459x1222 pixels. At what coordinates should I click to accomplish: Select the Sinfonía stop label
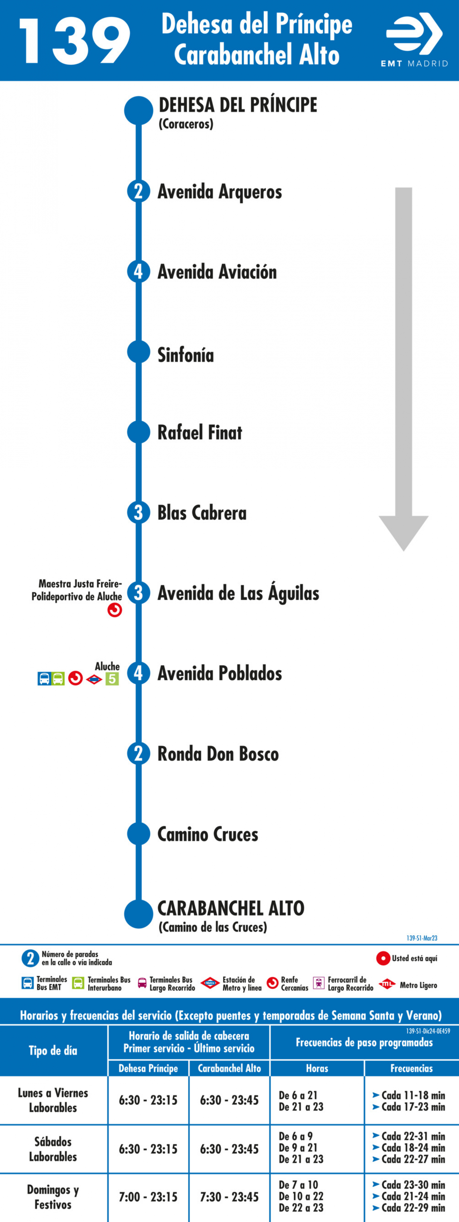[x=186, y=355]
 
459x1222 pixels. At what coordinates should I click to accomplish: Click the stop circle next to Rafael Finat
[x=138, y=432]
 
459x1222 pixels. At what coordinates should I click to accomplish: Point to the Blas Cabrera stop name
[x=202, y=513]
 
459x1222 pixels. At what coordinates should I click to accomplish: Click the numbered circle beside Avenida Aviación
[x=138, y=272]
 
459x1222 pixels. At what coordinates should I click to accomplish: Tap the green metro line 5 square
[x=112, y=679]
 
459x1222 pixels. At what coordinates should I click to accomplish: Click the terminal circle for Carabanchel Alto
[x=138, y=914]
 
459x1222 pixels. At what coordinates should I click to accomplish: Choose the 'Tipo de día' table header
[x=53, y=1050]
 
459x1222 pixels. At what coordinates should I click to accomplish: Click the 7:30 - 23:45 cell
[x=229, y=1196]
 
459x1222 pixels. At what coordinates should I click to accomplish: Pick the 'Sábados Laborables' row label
[x=53, y=1149]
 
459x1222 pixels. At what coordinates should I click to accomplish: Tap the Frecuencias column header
[x=411, y=1068]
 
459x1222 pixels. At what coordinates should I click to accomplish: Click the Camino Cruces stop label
[x=208, y=834]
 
